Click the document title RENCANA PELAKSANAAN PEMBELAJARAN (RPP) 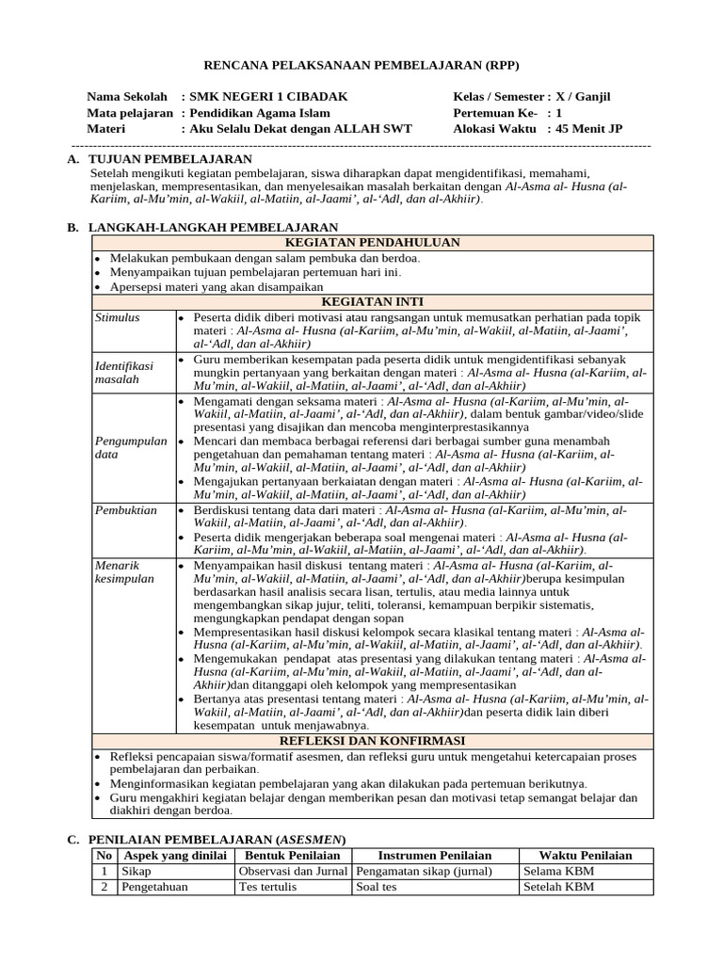click(361, 65)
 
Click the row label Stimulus click(118, 317)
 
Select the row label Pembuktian click(125, 509)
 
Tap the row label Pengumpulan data click(131, 447)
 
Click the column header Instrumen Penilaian click(434, 855)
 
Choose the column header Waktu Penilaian click(585, 855)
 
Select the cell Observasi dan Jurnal click(291, 871)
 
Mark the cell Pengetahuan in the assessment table click(154, 887)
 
